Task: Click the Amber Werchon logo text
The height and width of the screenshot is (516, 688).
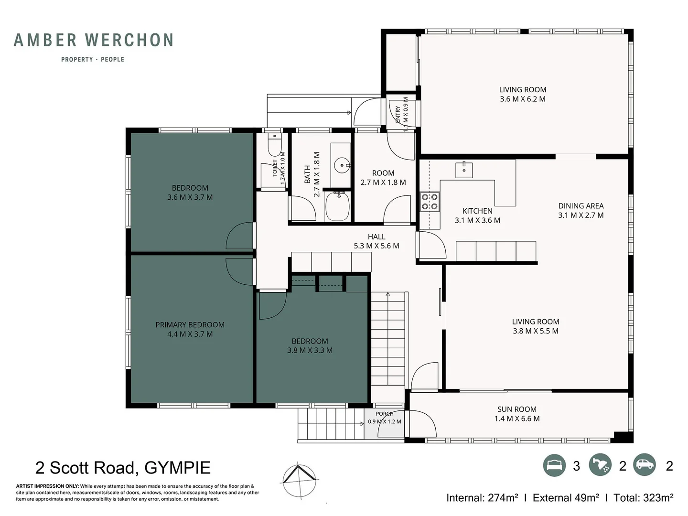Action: pos(93,40)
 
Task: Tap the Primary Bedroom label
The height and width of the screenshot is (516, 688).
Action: pos(190,329)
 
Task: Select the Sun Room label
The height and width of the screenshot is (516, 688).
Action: pos(517,414)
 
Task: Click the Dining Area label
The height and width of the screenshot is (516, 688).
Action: pos(581,211)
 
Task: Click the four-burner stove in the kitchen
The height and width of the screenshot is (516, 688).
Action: pos(430,202)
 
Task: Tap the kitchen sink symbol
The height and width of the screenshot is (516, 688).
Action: pos(464,170)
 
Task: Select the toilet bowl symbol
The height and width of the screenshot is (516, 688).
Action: pos(275,145)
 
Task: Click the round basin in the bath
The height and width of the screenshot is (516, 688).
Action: pos(342,165)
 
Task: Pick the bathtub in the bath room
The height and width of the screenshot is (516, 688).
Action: pos(338,206)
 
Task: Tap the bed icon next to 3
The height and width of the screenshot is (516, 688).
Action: pos(554,465)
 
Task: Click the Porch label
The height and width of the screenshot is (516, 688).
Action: pos(385,414)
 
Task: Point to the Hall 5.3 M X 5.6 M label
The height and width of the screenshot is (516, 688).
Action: pos(376,241)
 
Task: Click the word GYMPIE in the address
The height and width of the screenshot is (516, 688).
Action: pos(177,468)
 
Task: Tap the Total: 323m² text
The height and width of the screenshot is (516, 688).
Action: pos(643,497)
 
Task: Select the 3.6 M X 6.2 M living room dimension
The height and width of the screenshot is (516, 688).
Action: pos(523,99)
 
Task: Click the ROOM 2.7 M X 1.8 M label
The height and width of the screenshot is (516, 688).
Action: pos(383,178)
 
